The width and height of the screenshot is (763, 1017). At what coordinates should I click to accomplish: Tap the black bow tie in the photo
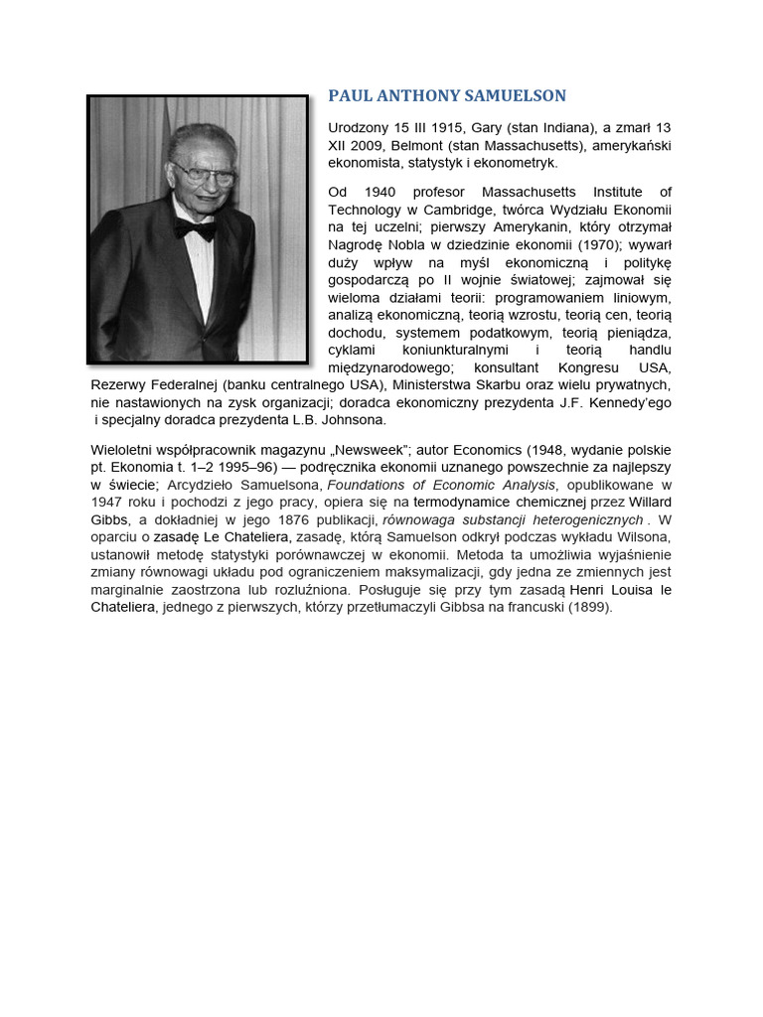point(195,230)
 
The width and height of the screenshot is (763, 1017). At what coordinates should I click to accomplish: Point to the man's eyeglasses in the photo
point(203,174)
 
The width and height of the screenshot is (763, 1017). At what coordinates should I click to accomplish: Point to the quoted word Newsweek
point(369,449)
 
